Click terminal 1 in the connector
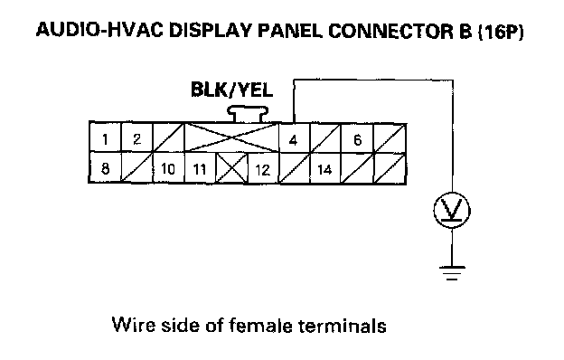coord(105,137)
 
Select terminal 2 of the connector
coord(137,137)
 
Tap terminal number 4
coord(294,138)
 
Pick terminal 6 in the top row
coord(357,139)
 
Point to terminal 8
coord(105,167)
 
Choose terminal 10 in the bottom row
coord(168,167)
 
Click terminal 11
coord(200,168)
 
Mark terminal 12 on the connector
coord(263,169)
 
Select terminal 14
coord(325,169)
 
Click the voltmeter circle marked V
coord(452,210)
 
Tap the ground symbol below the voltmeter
coord(452,273)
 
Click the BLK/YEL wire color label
coord(231,90)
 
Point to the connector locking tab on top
coord(248,114)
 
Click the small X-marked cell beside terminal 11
coord(231,168)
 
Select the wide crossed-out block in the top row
coord(231,137)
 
